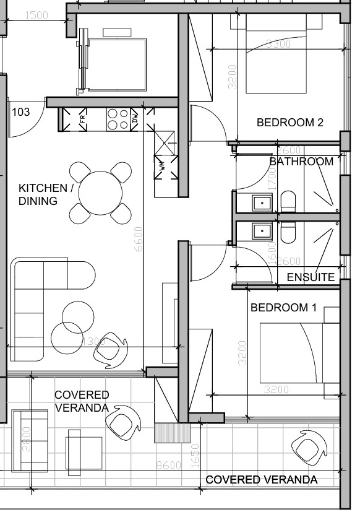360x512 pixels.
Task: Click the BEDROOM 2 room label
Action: (289, 123)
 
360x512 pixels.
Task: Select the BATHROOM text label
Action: (301, 162)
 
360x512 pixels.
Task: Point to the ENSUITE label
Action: (310, 277)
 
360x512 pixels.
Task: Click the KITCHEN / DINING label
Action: (46, 194)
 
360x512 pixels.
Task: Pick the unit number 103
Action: (20, 112)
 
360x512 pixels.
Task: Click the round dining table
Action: (100, 192)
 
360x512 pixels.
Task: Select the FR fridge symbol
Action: (82, 119)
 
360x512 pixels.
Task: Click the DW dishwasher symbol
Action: (135, 119)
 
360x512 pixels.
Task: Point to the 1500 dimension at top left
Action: (38, 16)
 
